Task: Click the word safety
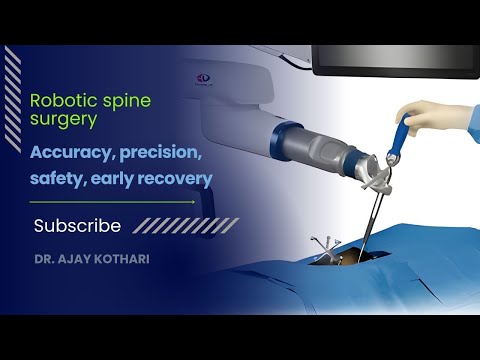[58, 180]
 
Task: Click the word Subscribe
[77, 226]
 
